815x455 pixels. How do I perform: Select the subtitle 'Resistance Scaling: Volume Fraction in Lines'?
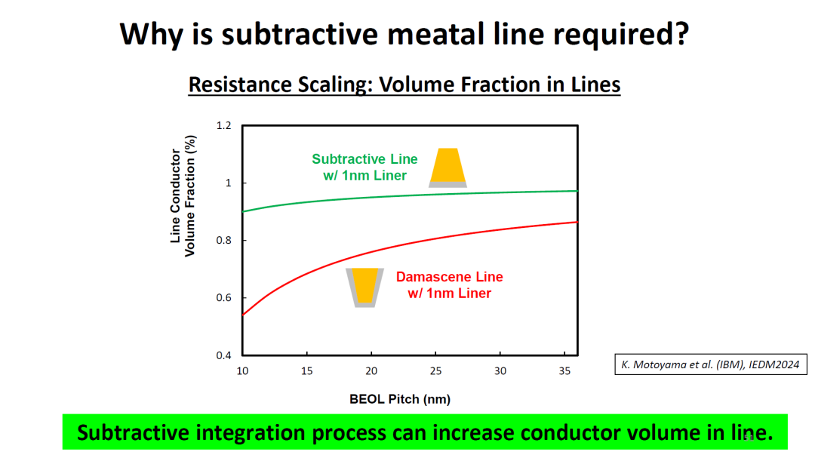click(x=404, y=84)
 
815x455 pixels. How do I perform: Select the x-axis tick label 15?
click(x=306, y=370)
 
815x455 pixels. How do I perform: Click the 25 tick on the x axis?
click(x=435, y=370)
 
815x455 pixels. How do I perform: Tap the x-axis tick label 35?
click(x=564, y=370)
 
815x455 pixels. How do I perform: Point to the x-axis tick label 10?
click(x=241, y=370)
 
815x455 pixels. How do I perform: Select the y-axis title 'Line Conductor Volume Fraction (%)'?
click(x=183, y=202)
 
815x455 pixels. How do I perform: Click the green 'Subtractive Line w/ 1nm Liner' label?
click(x=364, y=168)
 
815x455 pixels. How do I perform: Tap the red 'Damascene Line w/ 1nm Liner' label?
click(x=449, y=284)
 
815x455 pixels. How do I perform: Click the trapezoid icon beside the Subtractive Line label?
click(x=448, y=168)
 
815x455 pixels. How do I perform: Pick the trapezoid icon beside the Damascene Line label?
click(x=365, y=287)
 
